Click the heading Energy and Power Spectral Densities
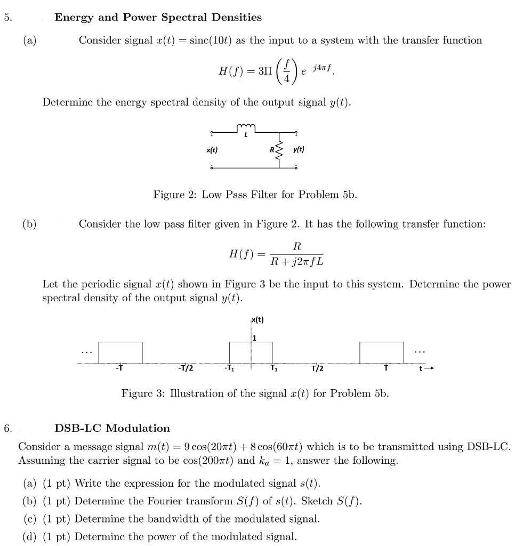[x=158, y=18]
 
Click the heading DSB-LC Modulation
[x=112, y=428]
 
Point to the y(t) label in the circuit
[x=299, y=150]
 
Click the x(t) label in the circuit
[x=212, y=150]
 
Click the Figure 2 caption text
[x=255, y=195]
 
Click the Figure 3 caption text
[x=255, y=394]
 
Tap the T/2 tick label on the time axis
[x=317, y=369]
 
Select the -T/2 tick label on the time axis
[x=186, y=369]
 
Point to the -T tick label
[x=119, y=368]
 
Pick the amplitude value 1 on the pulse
[x=255, y=338]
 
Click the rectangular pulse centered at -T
[x=120, y=352]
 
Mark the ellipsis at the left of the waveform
[x=86, y=352]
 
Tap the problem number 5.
[x=7, y=18]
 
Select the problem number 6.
[x=7, y=428]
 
